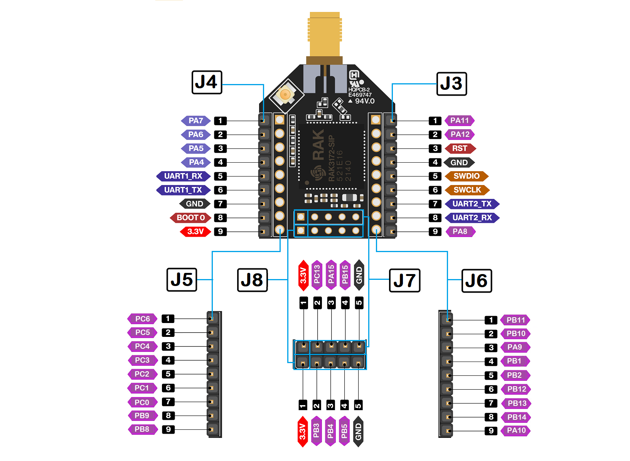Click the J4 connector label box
click(x=207, y=82)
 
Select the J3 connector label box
click(x=451, y=84)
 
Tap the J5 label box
click(x=182, y=279)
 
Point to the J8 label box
click(x=252, y=280)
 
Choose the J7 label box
click(x=404, y=280)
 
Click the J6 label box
click(x=477, y=281)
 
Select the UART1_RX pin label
click(x=183, y=176)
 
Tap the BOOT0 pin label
click(x=190, y=218)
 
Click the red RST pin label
click(x=460, y=148)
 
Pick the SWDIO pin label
click(x=467, y=176)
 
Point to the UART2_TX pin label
click(x=472, y=204)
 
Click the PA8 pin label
click(x=460, y=232)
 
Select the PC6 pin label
click(x=142, y=319)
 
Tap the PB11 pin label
click(x=515, y=320)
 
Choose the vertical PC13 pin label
click(x=317, y=275)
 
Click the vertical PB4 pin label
click(x=330, y=431)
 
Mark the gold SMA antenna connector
click(x=325, y=37)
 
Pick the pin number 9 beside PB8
click(x=168, y=429)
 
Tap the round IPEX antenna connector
click(x=285, y=94)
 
